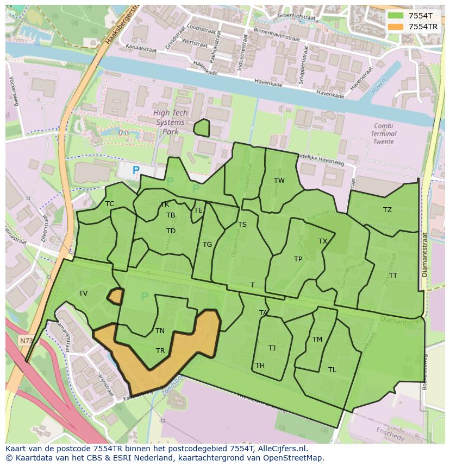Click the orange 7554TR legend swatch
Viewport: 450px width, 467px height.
tap(396, 27)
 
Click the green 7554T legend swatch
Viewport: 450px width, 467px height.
tap(396, 16)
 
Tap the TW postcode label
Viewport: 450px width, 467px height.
tap(279, 181)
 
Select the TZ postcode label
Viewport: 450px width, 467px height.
tap(387, 210)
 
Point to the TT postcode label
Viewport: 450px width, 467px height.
tap(393, 276)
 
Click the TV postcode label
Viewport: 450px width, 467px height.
tap(83, 293)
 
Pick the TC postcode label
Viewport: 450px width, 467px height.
tap(110, 204)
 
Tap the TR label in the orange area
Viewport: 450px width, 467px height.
tap(160, 351)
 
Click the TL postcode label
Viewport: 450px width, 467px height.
tap(332, 370)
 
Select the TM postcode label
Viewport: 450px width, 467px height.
tap(317, 340)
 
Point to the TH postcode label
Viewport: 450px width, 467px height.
tap(260, 366)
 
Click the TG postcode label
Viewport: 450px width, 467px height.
tap(207, 245)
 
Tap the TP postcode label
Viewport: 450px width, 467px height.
tap(298, 259)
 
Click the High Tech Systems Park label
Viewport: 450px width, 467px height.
tap(170, 122)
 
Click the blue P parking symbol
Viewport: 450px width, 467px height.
tap(136, 170)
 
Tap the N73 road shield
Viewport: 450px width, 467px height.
tap(26, 341)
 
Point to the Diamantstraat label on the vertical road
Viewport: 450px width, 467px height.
tap(425, 254)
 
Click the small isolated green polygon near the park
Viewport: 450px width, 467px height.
tap(202, 128)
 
